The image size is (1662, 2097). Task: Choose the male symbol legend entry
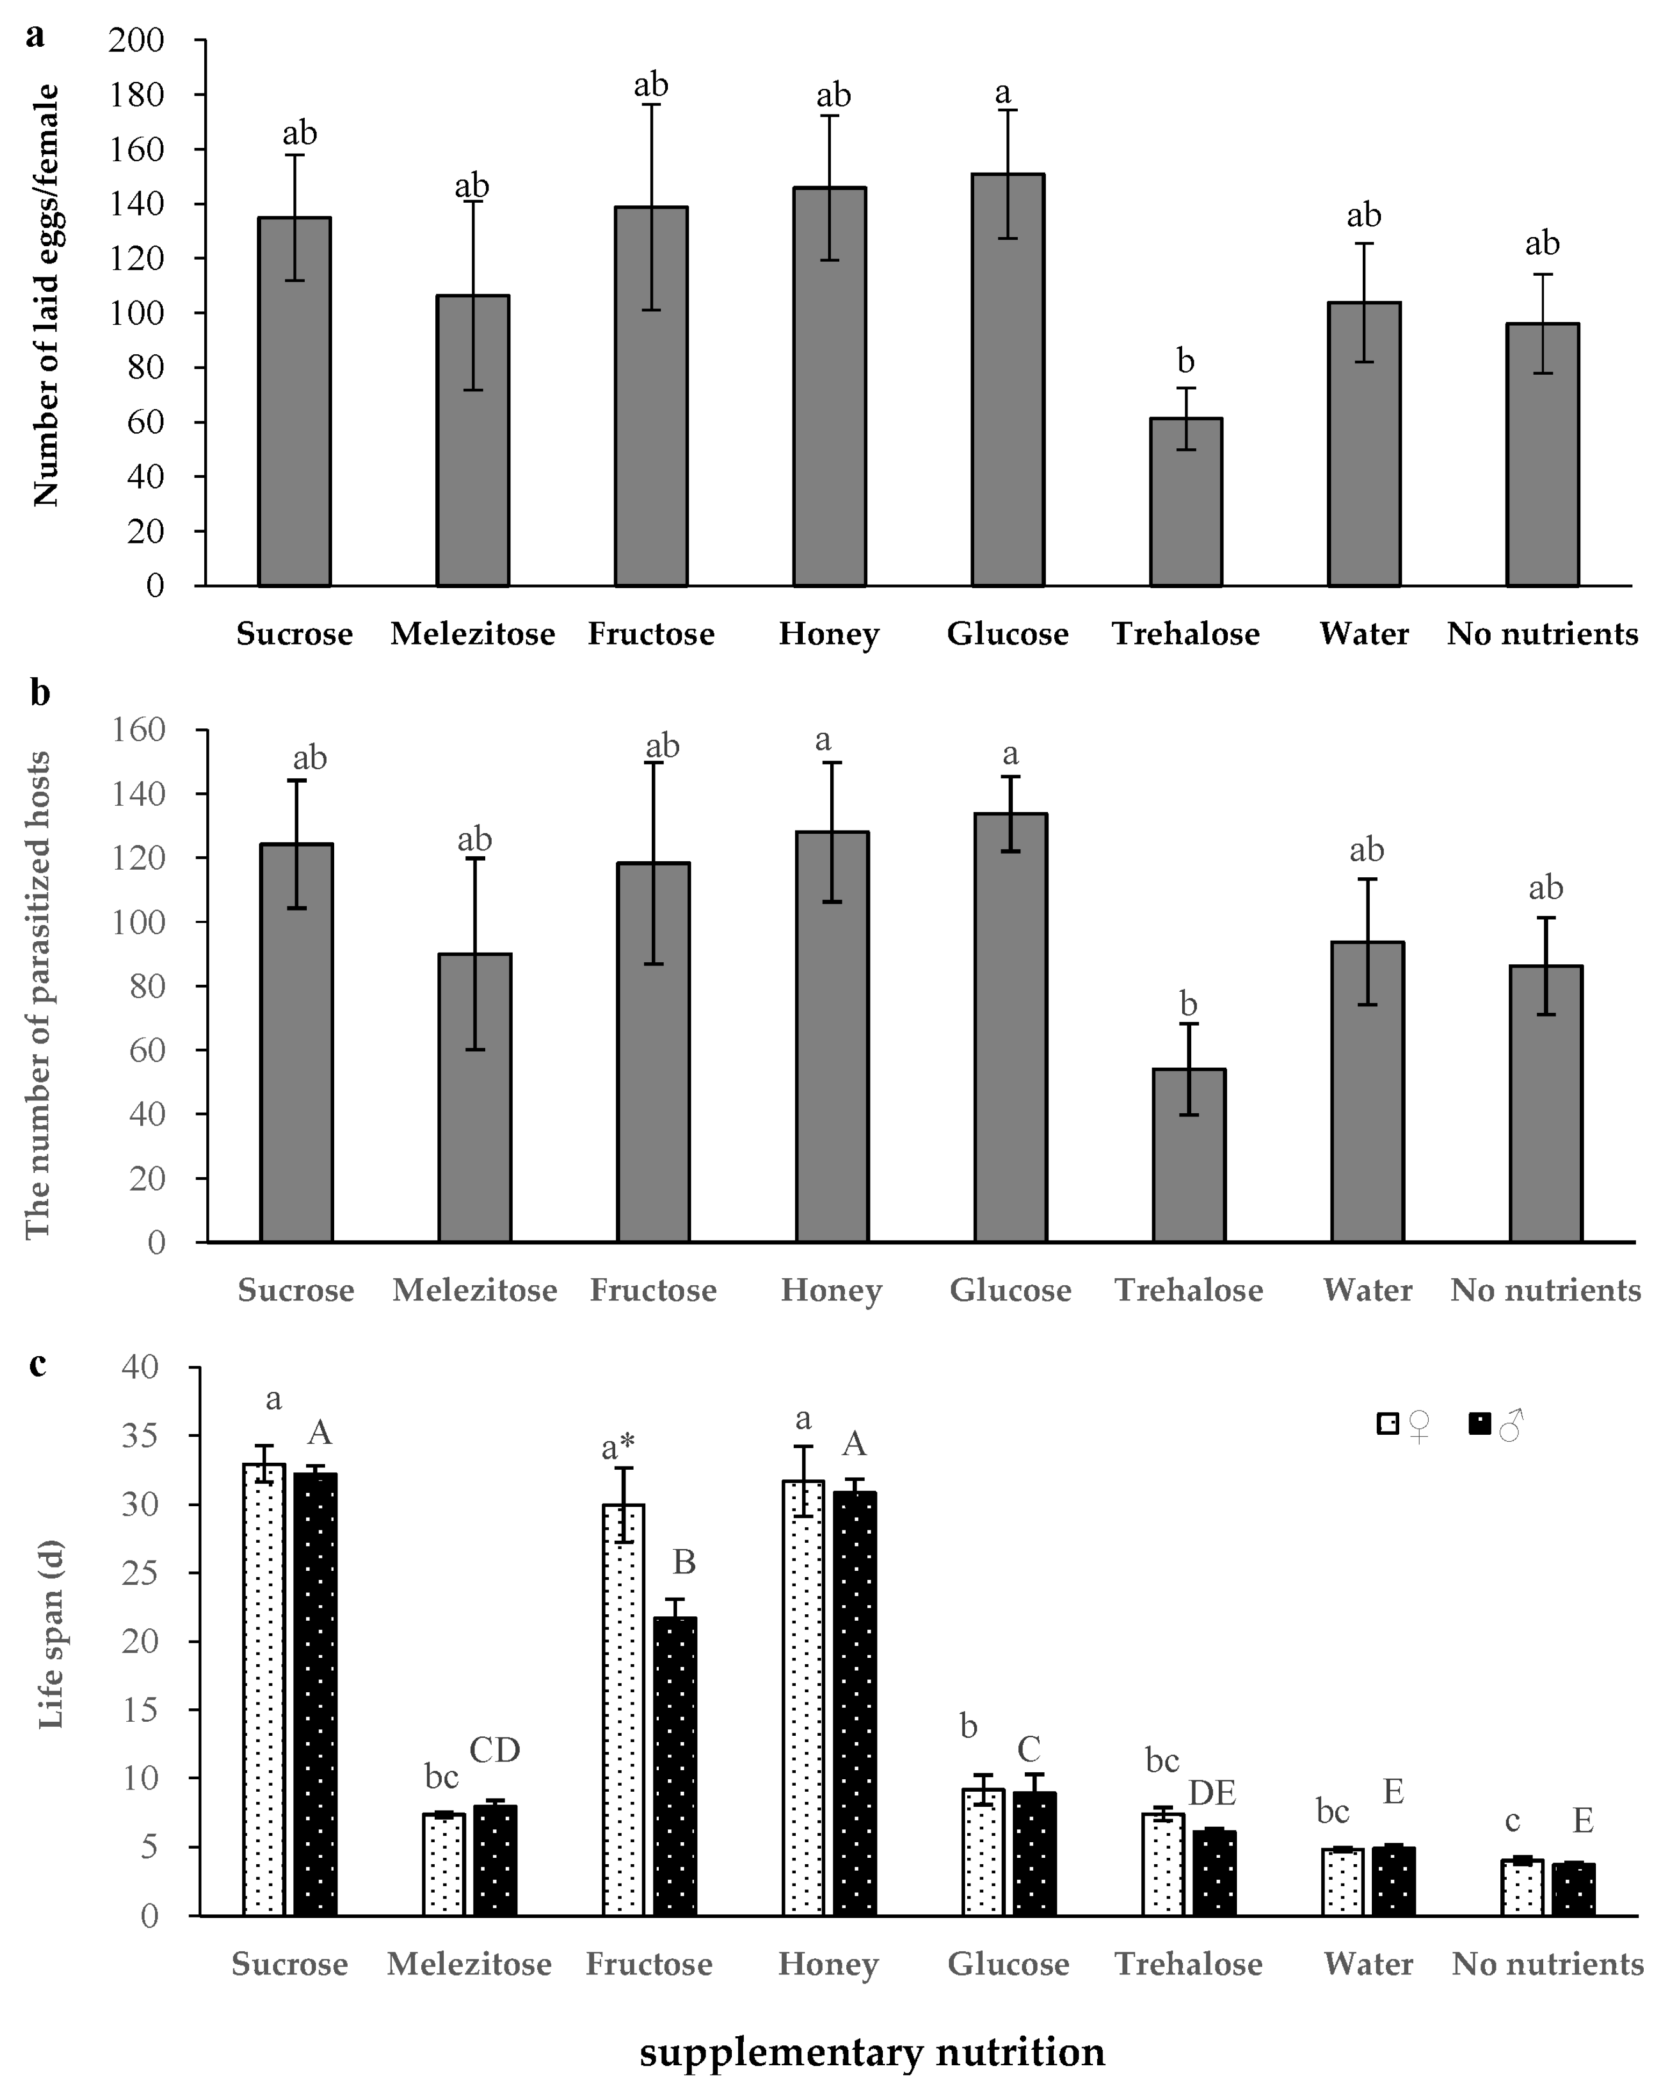coord(1496,1426)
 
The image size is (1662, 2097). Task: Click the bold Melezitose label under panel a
coord(473,634)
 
